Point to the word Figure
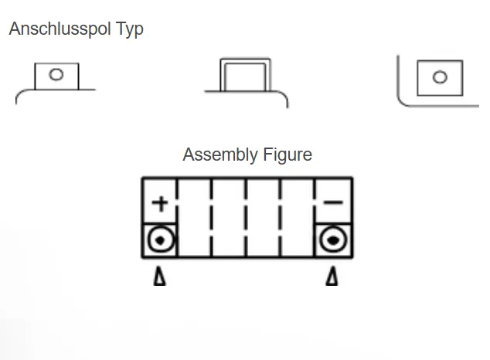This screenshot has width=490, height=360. (x=284, y=155)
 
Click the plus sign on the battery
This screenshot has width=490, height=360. (x=159, y=203)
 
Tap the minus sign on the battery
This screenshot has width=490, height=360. (x=333, y=203)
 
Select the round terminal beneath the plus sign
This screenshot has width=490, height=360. (x=160, y=241)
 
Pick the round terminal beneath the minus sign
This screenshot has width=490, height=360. (x=333, y=241)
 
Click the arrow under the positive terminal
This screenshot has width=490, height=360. (x=159, y=276)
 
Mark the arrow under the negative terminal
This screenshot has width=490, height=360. (x=332, y=276)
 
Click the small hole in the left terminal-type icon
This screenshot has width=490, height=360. (x=56, y=75)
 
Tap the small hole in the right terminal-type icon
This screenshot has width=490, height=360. (x=440, y=77)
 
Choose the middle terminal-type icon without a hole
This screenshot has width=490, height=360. (x=246, y=76)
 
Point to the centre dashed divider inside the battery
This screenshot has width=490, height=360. (x=247, y=218)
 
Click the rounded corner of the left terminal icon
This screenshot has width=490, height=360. (x=20, y=93)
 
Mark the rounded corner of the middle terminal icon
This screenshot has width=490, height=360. (x=284, y=97)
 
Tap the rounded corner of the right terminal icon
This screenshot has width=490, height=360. (x=401, y=100)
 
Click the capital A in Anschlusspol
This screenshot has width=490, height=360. (x=15, y=29)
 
